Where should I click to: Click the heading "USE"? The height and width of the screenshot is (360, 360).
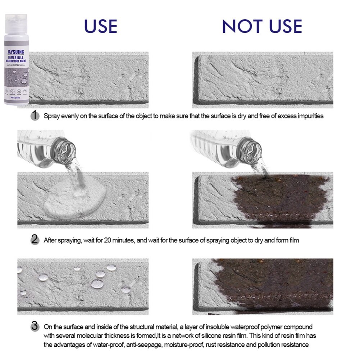point(100,26)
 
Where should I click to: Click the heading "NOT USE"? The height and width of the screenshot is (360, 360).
point(261,26)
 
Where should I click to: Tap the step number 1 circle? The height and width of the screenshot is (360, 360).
point(35,116)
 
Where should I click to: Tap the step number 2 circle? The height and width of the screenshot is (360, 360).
point(35,240)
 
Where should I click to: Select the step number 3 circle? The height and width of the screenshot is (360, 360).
point(35,327)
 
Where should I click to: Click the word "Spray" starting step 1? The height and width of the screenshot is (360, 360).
point(51,116)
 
